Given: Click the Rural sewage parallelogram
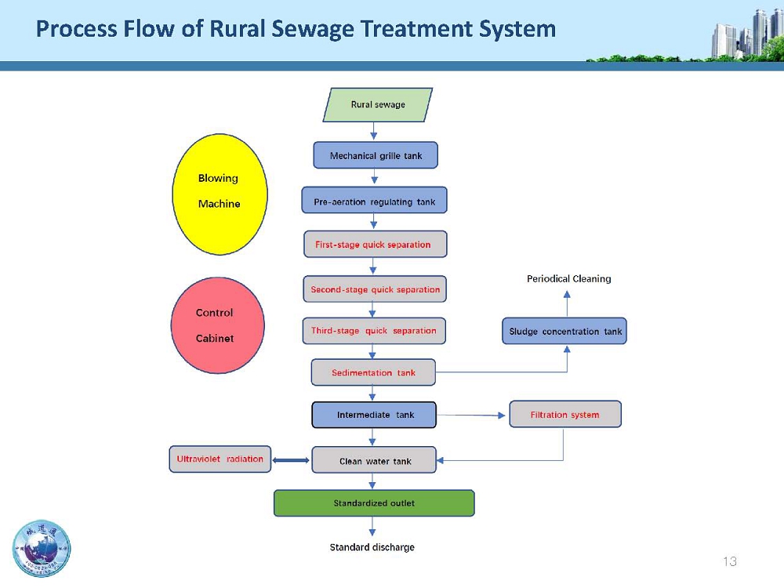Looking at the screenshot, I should [377, 105].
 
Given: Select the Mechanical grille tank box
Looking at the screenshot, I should [376, 155].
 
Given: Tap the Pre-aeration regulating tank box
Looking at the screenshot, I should [374, 201].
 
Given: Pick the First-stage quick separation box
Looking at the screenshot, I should [375, 244].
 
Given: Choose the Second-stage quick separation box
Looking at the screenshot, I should [375, 289].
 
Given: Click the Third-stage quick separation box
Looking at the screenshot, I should [374, 331].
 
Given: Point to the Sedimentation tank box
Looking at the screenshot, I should [373, 372].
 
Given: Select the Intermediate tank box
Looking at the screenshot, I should [374, 415].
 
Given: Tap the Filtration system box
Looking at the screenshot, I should [564, 414].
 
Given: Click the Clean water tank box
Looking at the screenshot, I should [374, 460].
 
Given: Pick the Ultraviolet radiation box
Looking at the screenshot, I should [220, 459].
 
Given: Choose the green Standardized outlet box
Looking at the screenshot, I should [374, 503].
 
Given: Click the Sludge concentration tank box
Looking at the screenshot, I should [564, 331].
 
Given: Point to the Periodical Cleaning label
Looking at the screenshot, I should [568, 278].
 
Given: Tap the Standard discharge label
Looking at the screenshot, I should [372, 546].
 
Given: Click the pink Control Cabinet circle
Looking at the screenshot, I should [217, 325].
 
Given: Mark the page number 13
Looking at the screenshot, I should [730, 561].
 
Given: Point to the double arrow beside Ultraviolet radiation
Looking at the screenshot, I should [292, 460].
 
